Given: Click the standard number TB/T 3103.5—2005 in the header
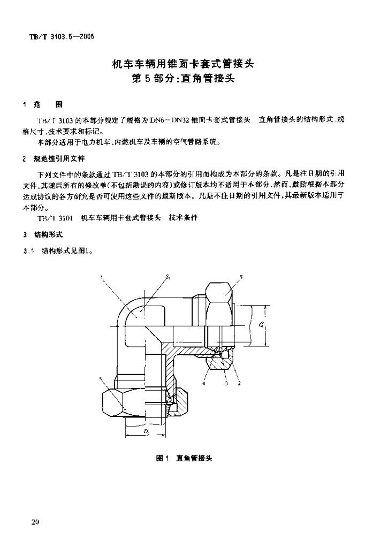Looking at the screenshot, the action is click(61, 36).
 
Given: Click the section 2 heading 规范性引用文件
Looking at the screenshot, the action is click(58, 159).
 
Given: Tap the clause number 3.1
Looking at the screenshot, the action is click(28, 249).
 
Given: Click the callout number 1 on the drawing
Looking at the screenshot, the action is click(101, 277).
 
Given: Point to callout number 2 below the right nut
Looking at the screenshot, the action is click(239, 383).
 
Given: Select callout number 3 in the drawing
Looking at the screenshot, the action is click(226, 383).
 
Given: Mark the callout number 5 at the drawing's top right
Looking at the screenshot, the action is click(241, 277).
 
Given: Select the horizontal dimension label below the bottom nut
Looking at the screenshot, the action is click(146, 431).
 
